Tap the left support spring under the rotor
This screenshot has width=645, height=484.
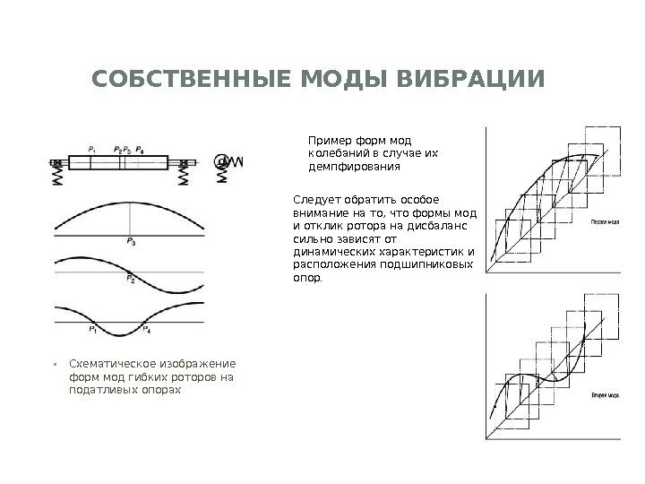point(57,177)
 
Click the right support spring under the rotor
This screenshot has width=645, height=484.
point(183,177)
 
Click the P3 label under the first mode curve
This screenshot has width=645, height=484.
point(132,241)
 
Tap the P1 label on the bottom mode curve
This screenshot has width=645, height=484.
point(93,331)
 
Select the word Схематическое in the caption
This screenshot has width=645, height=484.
point(108,364)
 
